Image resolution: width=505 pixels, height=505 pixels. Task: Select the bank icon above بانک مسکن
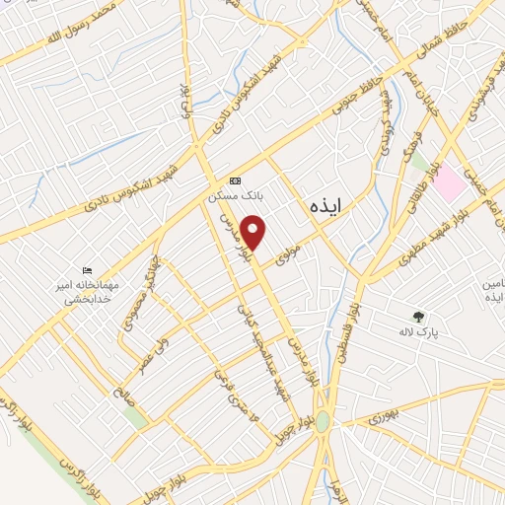click(235, 180)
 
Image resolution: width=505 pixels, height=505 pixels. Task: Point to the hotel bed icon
click(89, 270)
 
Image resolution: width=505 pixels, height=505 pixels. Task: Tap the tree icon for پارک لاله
click(418, 317)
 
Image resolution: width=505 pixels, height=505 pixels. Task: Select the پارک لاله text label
click(418, 334)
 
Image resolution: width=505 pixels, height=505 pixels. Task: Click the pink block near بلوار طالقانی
click(449, 183)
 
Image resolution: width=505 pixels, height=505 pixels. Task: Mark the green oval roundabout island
click(324, 421)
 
